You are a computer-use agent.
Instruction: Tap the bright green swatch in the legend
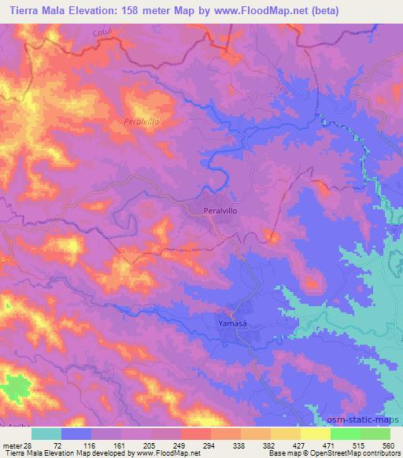(346, 434)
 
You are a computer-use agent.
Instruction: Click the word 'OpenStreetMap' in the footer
(324, 453)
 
